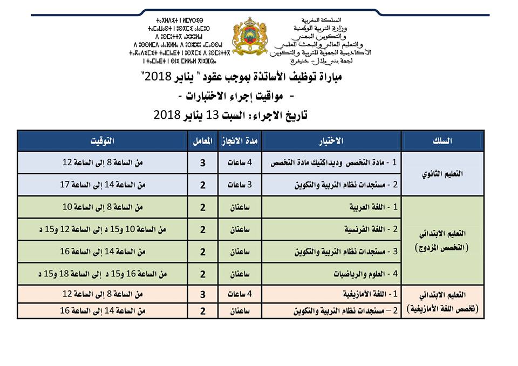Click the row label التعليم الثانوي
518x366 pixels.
click(442, 173)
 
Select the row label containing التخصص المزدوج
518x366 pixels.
click(442, 241)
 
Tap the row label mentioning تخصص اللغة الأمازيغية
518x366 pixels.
click(442, 303)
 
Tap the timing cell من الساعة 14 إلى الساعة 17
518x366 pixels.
click(103, 185)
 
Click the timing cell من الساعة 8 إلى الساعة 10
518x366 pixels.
click(103, 207)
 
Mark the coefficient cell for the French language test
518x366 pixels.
click(202, 229)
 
